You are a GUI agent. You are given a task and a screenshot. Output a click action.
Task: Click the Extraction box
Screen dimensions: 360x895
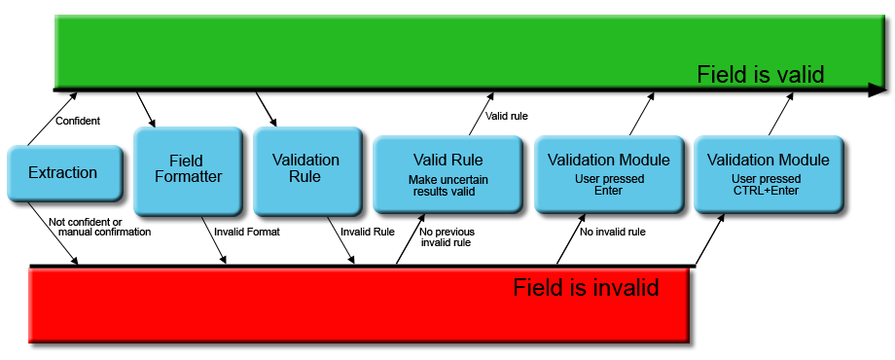(x=64, y=173)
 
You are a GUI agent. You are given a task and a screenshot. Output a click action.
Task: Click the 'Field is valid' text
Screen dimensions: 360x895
(x=760, y=75)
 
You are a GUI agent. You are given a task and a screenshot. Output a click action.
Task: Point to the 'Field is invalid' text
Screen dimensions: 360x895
(x=586, y=288)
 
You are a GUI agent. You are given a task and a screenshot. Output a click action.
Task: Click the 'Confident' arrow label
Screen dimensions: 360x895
(x=78, y=121)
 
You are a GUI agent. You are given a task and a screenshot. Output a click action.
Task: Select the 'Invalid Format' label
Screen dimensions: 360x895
(x=246, y=232)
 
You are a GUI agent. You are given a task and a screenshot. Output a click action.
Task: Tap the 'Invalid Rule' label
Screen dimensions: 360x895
(x=367, y=232)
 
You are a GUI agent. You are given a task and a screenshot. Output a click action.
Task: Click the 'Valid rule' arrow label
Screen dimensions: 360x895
(x=506, y=116)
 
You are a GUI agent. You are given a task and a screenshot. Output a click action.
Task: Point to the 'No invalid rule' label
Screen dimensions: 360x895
(x=612, y=232)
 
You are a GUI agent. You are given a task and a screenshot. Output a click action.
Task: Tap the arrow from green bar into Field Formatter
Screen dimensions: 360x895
(x=146, y=110)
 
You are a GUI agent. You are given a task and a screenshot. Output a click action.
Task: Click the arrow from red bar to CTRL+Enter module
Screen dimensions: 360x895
(x=709, y=238)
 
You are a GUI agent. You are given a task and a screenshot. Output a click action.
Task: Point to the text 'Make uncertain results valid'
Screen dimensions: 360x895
(x=447, y=186)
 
